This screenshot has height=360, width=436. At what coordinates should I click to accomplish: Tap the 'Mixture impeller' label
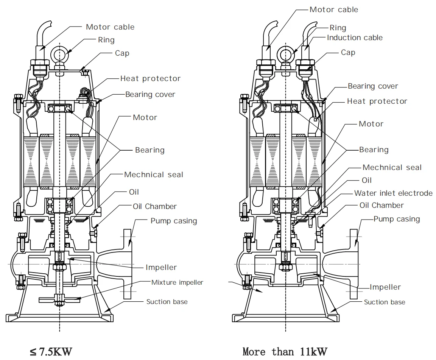point(177,282)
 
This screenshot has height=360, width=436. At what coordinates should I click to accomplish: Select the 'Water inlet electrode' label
point(393,193)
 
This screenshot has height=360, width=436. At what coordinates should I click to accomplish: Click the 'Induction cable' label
point(354,37)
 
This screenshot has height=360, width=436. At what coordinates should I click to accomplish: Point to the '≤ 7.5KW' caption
point(50,352)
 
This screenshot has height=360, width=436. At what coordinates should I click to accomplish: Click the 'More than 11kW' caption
point(285,352)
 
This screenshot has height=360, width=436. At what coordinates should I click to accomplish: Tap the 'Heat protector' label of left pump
point(150,78)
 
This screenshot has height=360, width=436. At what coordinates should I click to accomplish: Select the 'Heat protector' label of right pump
point(377,101)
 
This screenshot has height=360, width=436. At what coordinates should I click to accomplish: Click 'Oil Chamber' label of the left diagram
point(154,206)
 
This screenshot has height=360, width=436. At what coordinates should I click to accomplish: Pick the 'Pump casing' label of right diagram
point(396,219)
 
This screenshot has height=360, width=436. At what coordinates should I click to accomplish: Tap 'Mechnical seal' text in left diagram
point(153,175)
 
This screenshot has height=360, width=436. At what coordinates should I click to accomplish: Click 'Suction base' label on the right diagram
point(384,302)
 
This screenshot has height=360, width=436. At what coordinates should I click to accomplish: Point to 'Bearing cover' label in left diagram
point(150,94)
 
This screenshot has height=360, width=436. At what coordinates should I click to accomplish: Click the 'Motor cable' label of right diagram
point(333,9)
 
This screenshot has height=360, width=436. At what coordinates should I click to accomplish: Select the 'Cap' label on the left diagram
point(122,53)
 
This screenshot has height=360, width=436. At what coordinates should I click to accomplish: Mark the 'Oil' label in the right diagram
point(366,180)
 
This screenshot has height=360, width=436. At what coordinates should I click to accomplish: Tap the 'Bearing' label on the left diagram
point(149,150)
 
